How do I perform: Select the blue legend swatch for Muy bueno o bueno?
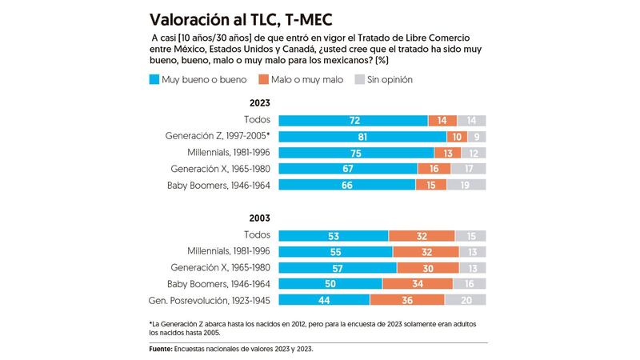click(x=154, y=79)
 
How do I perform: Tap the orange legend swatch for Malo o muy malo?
click(x=263, y=79)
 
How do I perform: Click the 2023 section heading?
click(x=259, y=103)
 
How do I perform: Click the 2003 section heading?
click(x=259, y=218)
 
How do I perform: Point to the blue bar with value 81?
click(x=362, y=136)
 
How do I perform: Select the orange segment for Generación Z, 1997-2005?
click(x=457, y=136)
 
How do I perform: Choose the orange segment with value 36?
click(x=406, y=299)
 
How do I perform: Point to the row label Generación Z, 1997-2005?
click(x=217, y=136)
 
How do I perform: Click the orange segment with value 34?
click(x=417, y=283)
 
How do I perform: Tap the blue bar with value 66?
click(x=346, y=184)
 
